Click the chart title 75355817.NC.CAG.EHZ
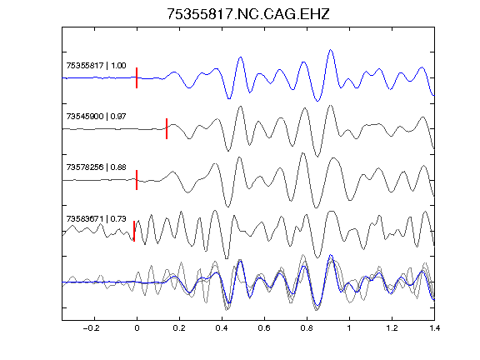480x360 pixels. click(248, 14)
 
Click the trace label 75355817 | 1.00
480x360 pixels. click(96, 66)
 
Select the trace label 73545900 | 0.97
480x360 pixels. click(96, 117)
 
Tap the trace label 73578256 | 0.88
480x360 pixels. click(96, 167)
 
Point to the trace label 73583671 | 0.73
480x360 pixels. click(96, 219)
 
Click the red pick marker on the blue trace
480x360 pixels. click(137, 77)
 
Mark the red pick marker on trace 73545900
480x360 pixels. click(167, 128)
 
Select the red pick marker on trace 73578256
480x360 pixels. click(137, 180)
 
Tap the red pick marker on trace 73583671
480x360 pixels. click(134, 231)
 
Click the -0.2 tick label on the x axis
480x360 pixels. click(92, 328)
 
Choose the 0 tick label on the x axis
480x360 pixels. click(137, 328)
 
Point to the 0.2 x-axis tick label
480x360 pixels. click(179, 328)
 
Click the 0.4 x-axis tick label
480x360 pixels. click(222, 328)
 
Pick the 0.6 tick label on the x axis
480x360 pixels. click(264, 328)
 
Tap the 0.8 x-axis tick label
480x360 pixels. click(307, 328)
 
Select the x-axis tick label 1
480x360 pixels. click(349, 328)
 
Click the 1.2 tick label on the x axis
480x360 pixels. click(392, 328)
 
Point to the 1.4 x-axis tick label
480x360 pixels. click(434, 328)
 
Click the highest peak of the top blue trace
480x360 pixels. click(331, 50)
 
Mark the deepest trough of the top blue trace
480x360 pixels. click(317, 101)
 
